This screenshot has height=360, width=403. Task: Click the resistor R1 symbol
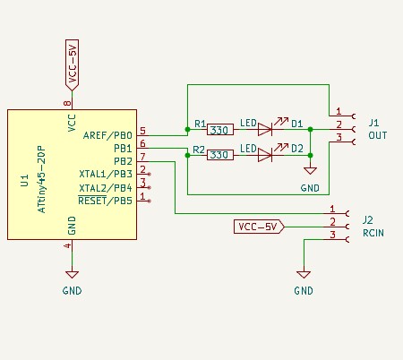[x=219, y=129]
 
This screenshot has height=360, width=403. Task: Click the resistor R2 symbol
[x=219, y=155]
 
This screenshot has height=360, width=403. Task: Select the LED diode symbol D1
[x=265, y=129]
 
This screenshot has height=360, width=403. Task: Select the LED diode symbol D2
[x=265, y=155]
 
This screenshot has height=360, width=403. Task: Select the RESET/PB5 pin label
[x=106, y=200]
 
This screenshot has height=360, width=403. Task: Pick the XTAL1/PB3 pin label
[x=106, y=174]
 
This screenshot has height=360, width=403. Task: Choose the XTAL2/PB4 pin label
[x=106, y=187]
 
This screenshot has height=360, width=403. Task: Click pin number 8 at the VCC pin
[x=66, y=104]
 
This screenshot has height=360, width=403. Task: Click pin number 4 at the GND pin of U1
[x=66, y=245]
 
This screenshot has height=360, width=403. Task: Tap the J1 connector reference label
[x=374, y=121]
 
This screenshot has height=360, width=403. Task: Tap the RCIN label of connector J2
[x=373, y=231]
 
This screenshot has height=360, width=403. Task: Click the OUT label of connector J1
[x=377, y=134]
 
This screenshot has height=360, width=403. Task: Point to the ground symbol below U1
[x=73, y=275]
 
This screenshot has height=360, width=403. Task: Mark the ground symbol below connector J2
[x=304, y=275]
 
